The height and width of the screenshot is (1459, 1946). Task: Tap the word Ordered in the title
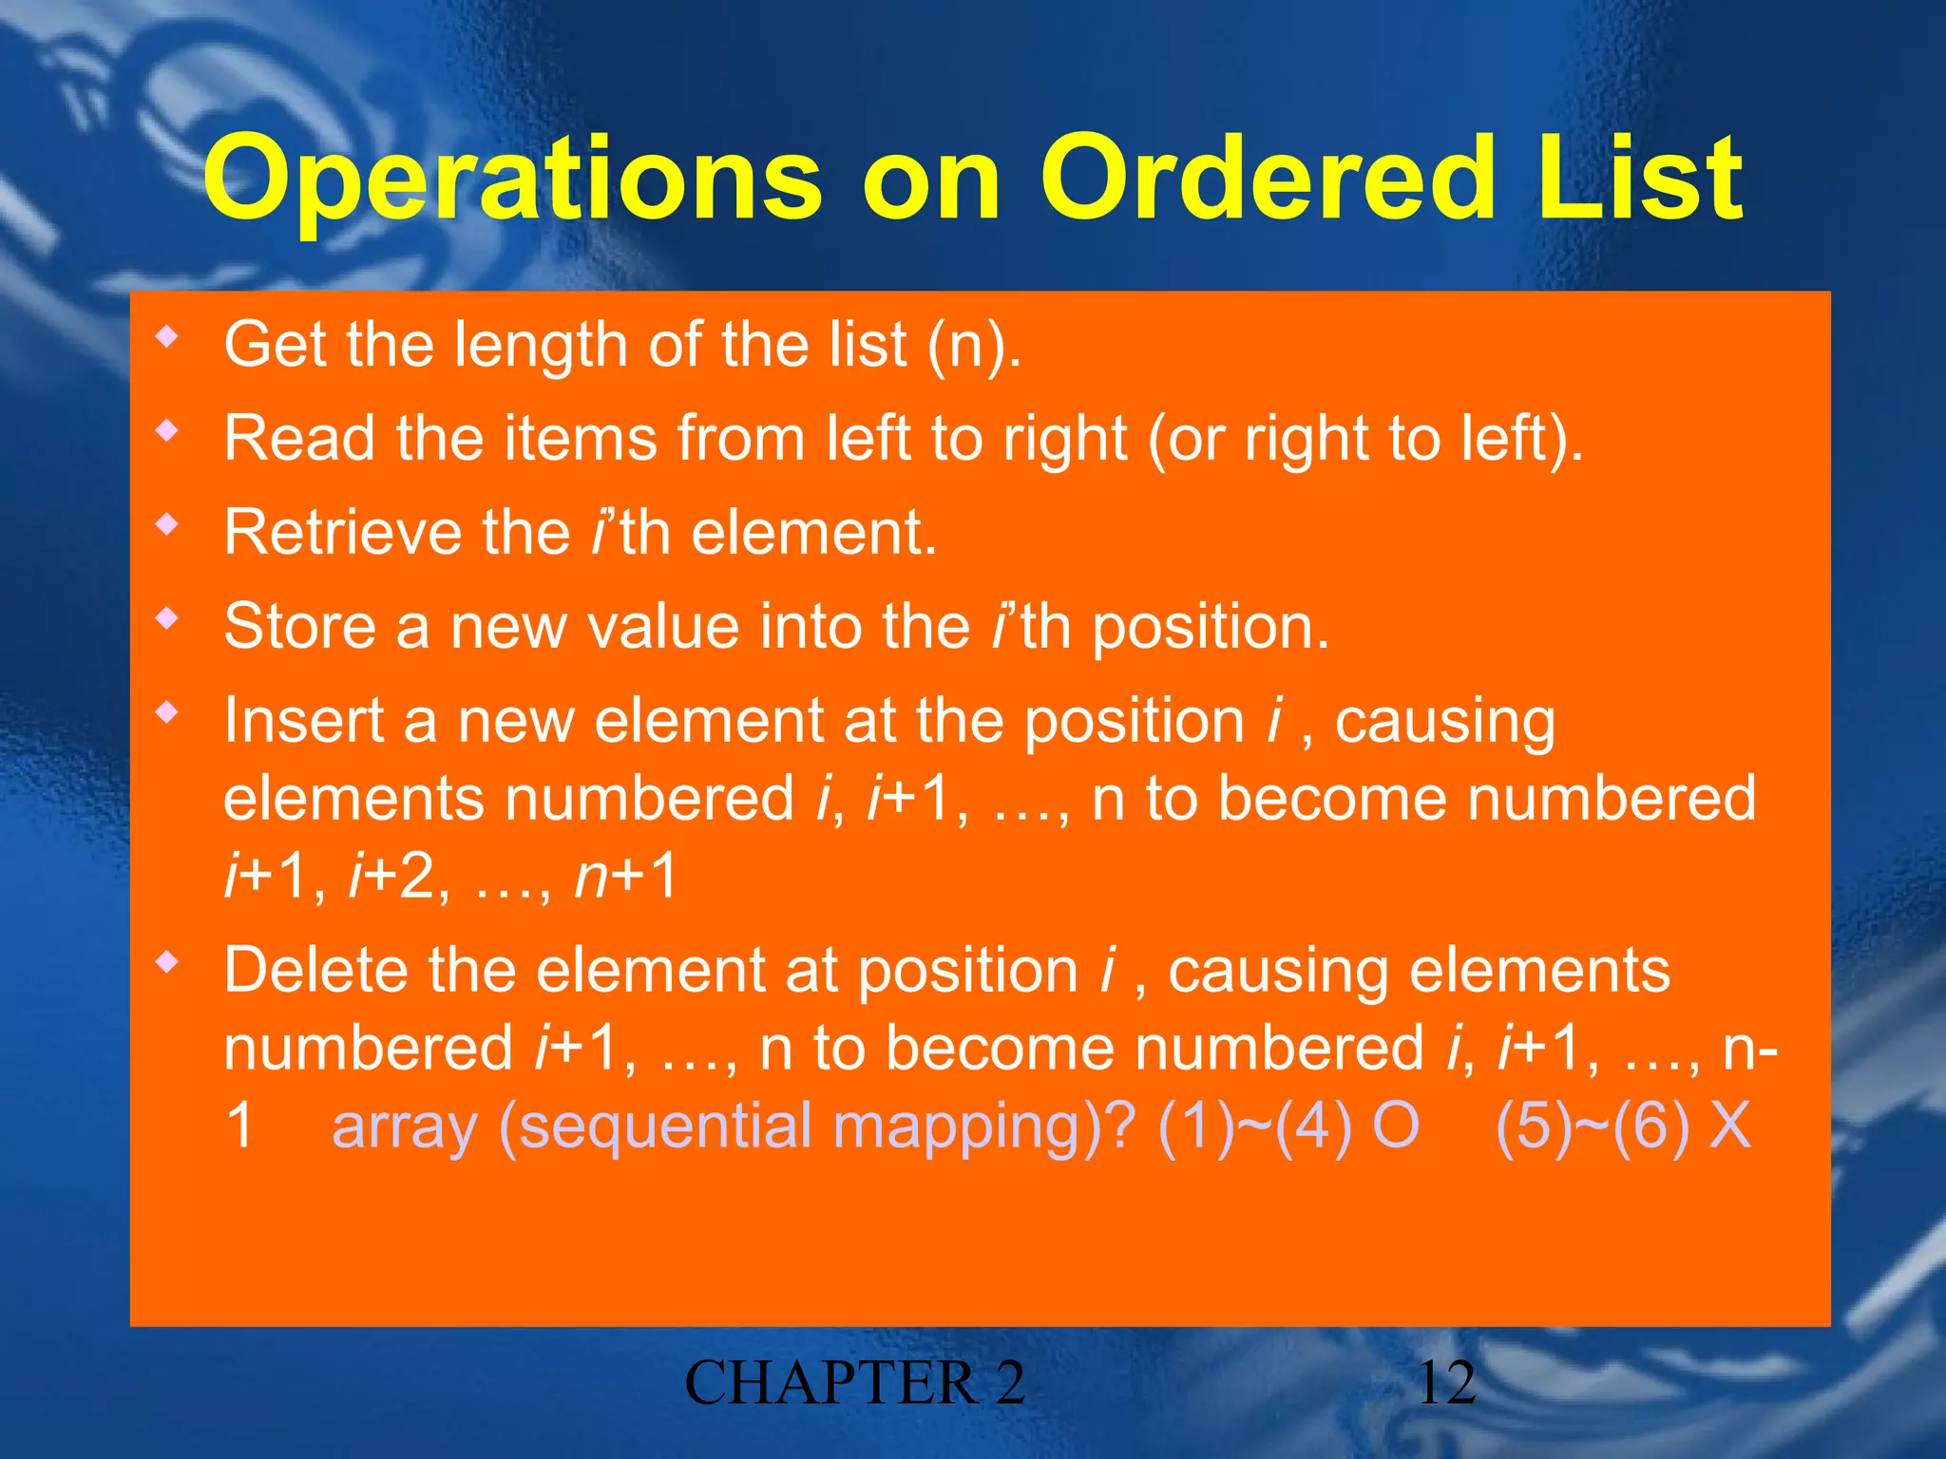coord(1269,179)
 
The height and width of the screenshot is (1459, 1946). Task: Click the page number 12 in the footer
coord(1446,1382)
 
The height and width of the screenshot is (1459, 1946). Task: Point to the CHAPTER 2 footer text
coord(855,1382)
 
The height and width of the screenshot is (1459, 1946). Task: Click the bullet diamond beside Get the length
coord(168,337)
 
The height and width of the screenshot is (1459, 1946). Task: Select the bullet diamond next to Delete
coord(168,964)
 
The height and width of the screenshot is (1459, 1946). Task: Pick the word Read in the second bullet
coord(299,439)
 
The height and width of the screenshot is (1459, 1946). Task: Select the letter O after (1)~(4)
coord(1396,1126)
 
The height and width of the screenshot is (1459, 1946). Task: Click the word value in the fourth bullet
coord(662,627)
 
